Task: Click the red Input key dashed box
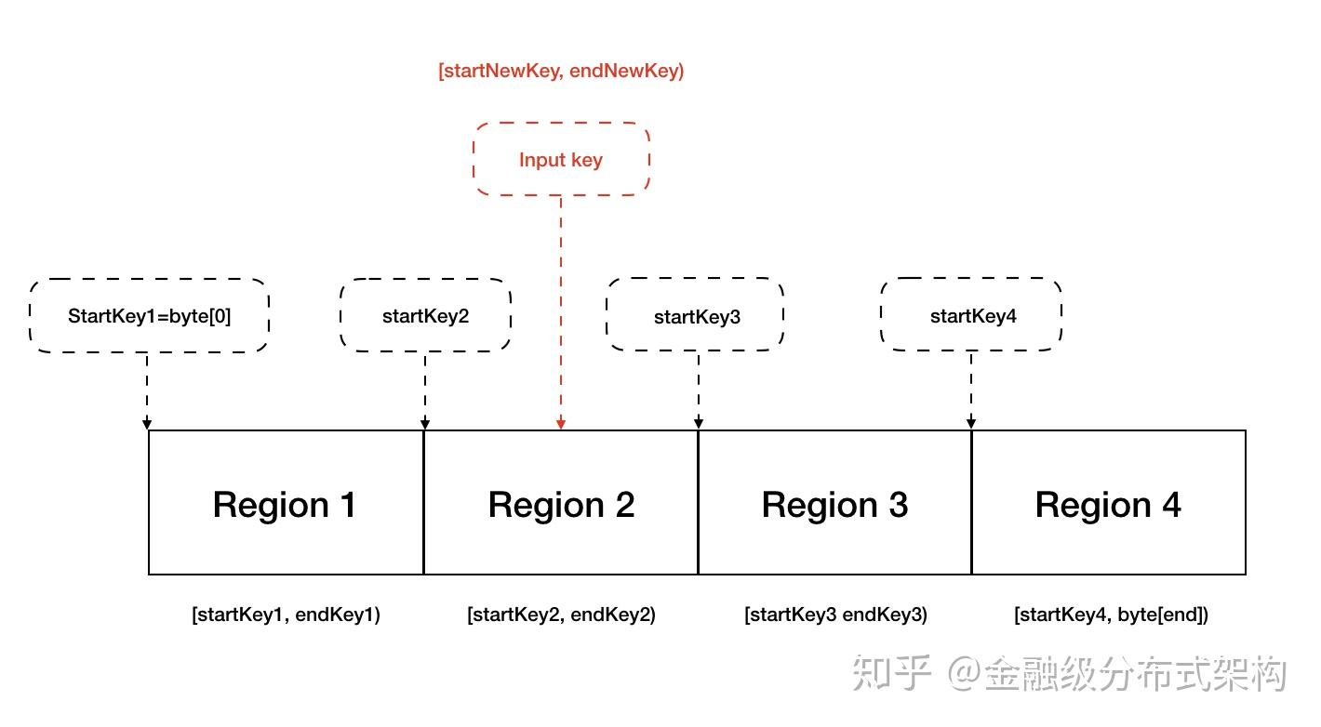coord(561,159)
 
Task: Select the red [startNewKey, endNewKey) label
coord(561,71)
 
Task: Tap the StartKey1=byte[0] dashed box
coord(149,316)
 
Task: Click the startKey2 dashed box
coord(425,316)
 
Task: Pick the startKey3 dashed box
coord(697,316)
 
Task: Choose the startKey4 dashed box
coord(972,316)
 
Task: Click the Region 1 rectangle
coord(286,503)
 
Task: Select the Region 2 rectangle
coord(561,503)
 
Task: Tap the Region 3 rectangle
coord(834,503)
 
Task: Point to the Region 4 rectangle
coord(1108,503)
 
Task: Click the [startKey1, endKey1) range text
coord(286,615)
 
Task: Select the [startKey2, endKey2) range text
coord(561,615)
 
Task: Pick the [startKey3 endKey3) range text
coord(834,615)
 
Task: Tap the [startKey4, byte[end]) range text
coord(1111,615)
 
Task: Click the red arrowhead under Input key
coord(561,424)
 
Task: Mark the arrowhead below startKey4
coord(972,424)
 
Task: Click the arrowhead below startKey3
coord(699,424)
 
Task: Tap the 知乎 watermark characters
coord(891,674)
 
